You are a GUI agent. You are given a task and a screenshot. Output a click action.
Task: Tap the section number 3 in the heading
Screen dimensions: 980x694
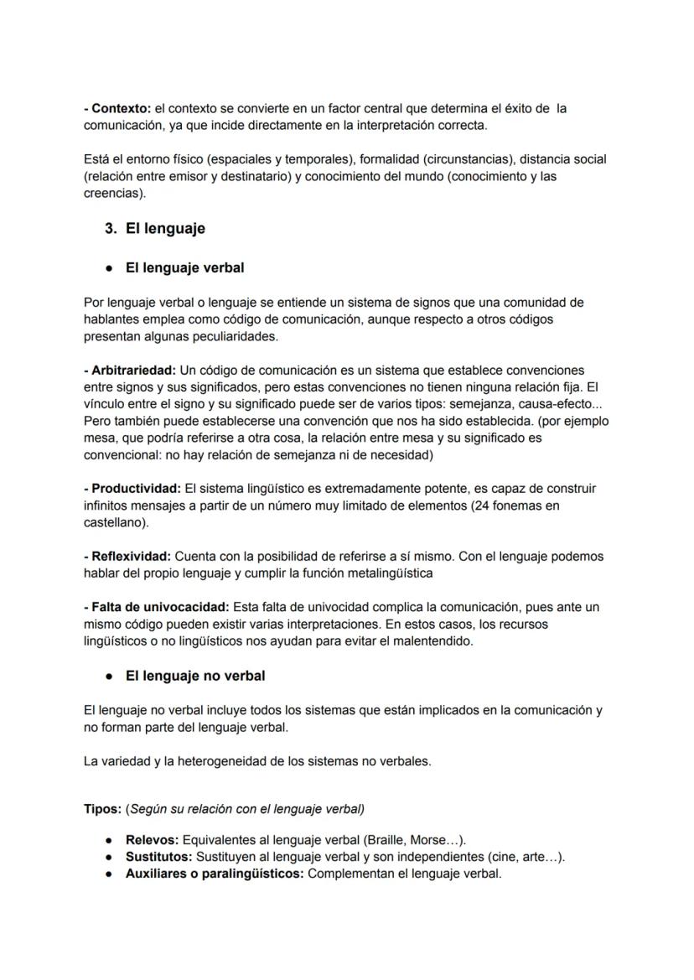click(x=110, y=228)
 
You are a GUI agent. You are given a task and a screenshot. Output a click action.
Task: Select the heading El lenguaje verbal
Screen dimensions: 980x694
click(x=184, y=268)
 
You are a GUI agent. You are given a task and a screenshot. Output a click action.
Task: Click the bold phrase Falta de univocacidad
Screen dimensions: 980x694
click(x=155, y=607)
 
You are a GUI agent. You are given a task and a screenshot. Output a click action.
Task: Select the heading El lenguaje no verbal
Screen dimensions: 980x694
click(x=194, y=675)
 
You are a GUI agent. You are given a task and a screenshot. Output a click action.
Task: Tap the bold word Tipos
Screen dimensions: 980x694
click(x=101, y=809)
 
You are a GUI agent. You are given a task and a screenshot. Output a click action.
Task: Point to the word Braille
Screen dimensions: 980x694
click(x=385, y=840)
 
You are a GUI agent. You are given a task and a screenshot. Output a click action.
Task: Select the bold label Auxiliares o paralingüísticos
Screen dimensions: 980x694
click(x=215, y=874)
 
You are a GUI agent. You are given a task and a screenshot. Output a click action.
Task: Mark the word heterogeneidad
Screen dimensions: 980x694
click(x=220, y=761)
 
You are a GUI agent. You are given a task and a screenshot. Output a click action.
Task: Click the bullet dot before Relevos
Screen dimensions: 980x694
click(x=110, y=840)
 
